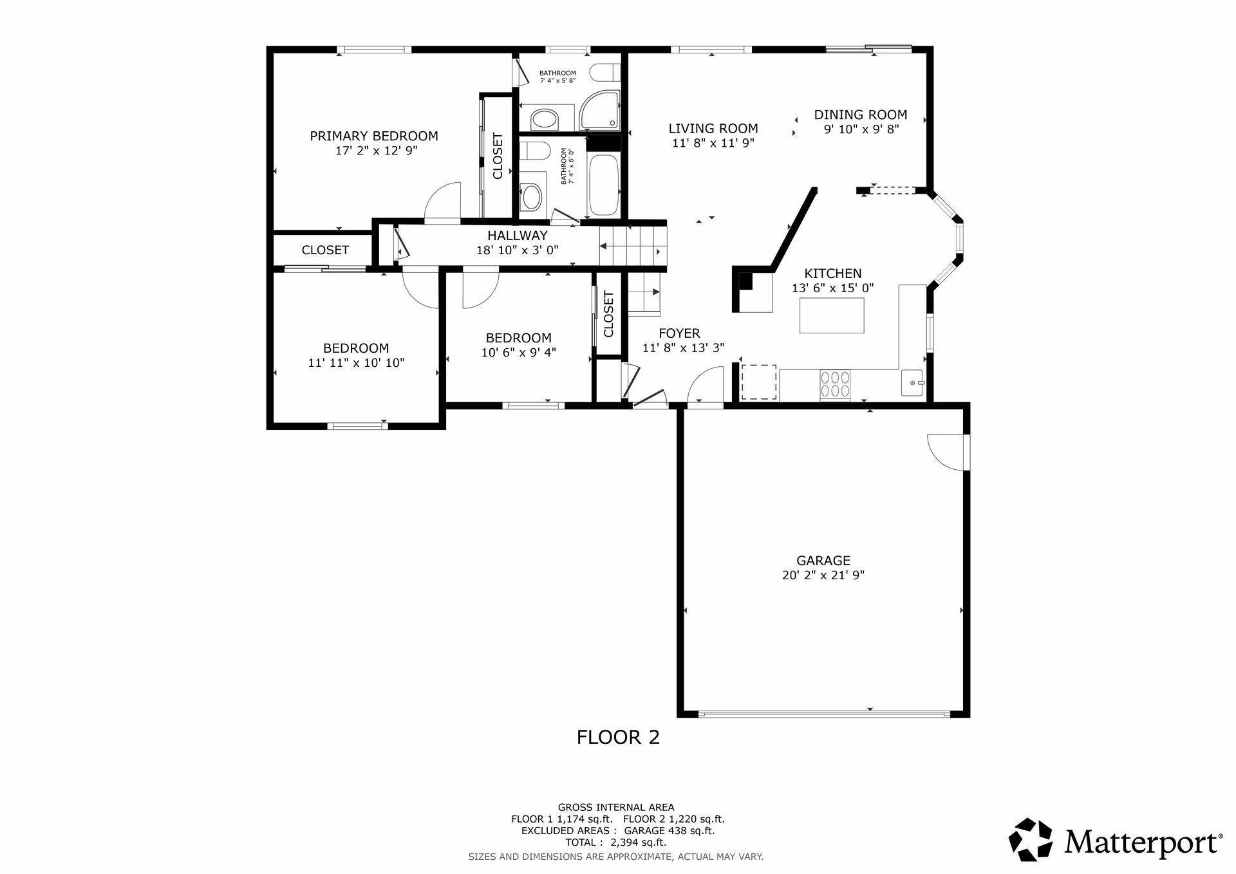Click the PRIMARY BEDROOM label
pos(374,136)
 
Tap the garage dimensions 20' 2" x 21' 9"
pos(823,575)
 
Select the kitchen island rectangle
pos(832,316)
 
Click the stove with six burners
pos(834,384)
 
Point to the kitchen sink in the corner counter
pos(912,383)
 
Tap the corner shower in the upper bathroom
pos(600,111)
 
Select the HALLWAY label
pos(517,236)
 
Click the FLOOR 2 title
pos(618,737)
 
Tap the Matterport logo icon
pos(1030,839)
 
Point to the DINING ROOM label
pos(860,115)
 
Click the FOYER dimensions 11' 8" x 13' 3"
pos(683,348)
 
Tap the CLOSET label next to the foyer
pos(608,314)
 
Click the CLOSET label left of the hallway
pos(325,250)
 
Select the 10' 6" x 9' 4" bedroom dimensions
pos(518,353)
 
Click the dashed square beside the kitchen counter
pos(759,382)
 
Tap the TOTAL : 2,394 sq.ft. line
pos(615,842)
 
